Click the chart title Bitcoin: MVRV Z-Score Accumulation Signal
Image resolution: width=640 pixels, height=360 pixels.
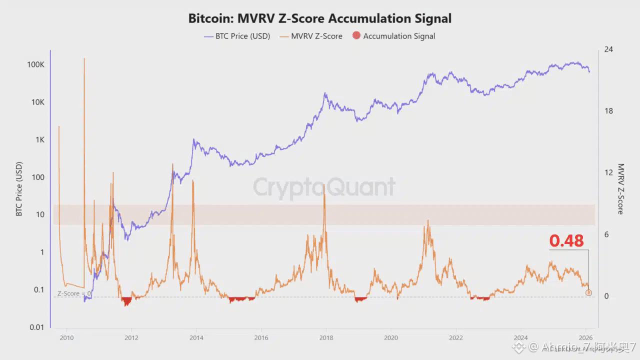pyautogui.click(x=319, y=18)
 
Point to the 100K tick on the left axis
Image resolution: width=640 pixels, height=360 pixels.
pyautogui.click(x=36, y=65)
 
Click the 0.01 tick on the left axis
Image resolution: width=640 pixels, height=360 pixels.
pyautogui.click(x=36, y=327)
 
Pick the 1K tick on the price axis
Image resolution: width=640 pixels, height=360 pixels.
pyautogui.click(x=39, y=140)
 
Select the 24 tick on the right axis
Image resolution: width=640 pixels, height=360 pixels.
pyautogui.click(x=608, y=49)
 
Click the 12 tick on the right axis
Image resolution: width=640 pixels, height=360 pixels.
pyautogui.click(x=608, y=173)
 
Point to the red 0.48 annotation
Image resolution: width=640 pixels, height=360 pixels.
pyautogui.click(x=566, y=241)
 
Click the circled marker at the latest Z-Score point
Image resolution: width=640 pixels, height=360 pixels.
pyautogui.click(x=588, y=292)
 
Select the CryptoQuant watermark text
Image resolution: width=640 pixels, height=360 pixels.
pyautogui.click(x=324, y=187)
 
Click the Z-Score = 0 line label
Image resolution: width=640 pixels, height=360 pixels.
pyautogui.click(x=74, y=293)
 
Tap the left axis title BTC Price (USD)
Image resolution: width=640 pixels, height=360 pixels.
pyautogui.click(x=19, y=189)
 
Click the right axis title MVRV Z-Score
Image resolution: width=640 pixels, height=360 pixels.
pyautogui.click(x=620, y=189)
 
